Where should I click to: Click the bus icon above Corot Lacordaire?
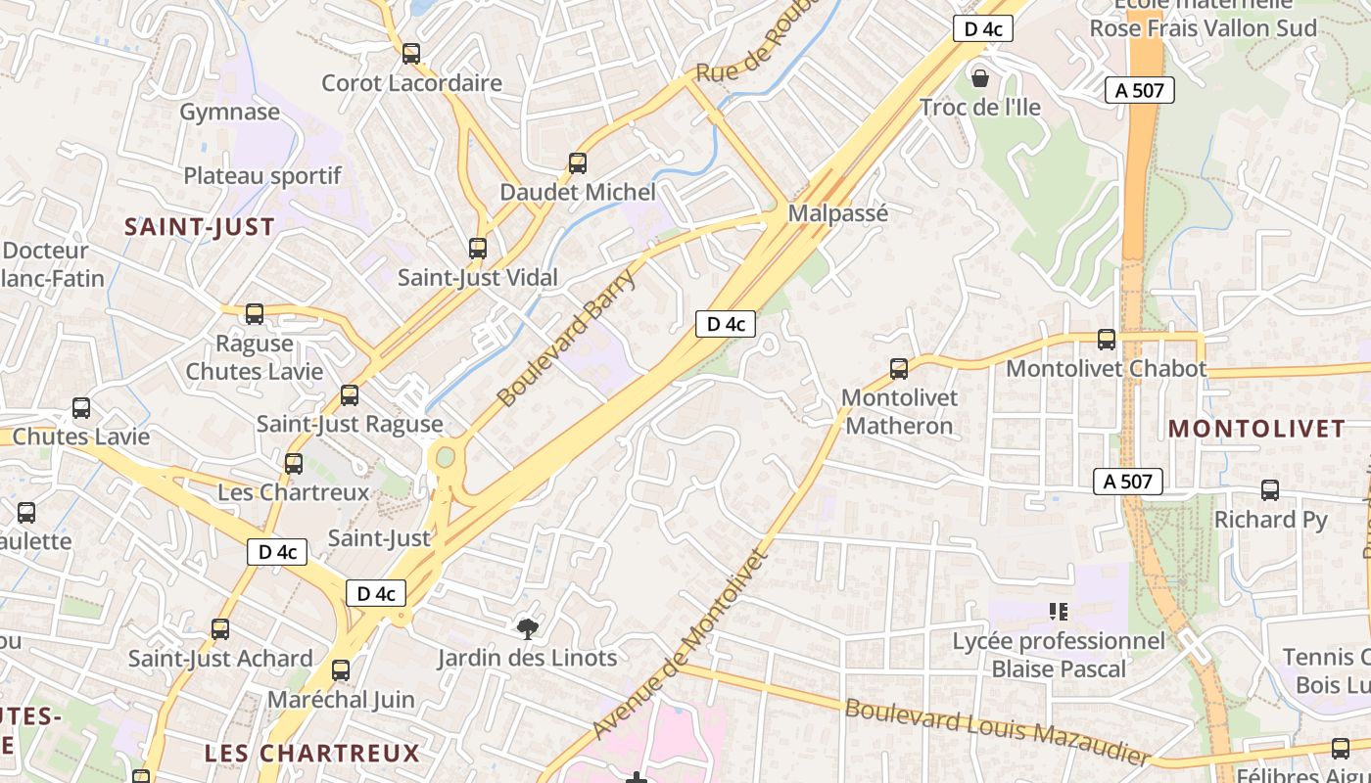(x=411, y=54)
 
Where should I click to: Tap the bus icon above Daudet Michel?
(x=578, y=162)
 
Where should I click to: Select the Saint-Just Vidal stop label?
(x=477, y=278)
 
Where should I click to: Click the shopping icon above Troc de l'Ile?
(x=979, y=77)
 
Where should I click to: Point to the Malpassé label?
(x=837, y=213)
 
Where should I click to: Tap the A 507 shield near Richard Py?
(x=1127, y=481)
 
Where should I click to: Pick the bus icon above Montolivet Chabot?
(x=1107, y=340)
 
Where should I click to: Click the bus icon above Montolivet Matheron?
(x=898, y=369)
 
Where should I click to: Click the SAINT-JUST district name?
(x=199, y=227)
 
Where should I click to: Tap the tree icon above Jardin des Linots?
(x=528, y=628)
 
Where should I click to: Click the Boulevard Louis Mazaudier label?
(x=996, y=730)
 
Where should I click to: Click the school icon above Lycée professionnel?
(x=1058, y=612)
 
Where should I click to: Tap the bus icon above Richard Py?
(x=1270, y=490)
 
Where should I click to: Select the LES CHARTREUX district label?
(x=311, y=753)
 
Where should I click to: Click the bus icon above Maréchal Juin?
(x=341, y=670)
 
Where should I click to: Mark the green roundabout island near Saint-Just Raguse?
(x=446, y=457)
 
